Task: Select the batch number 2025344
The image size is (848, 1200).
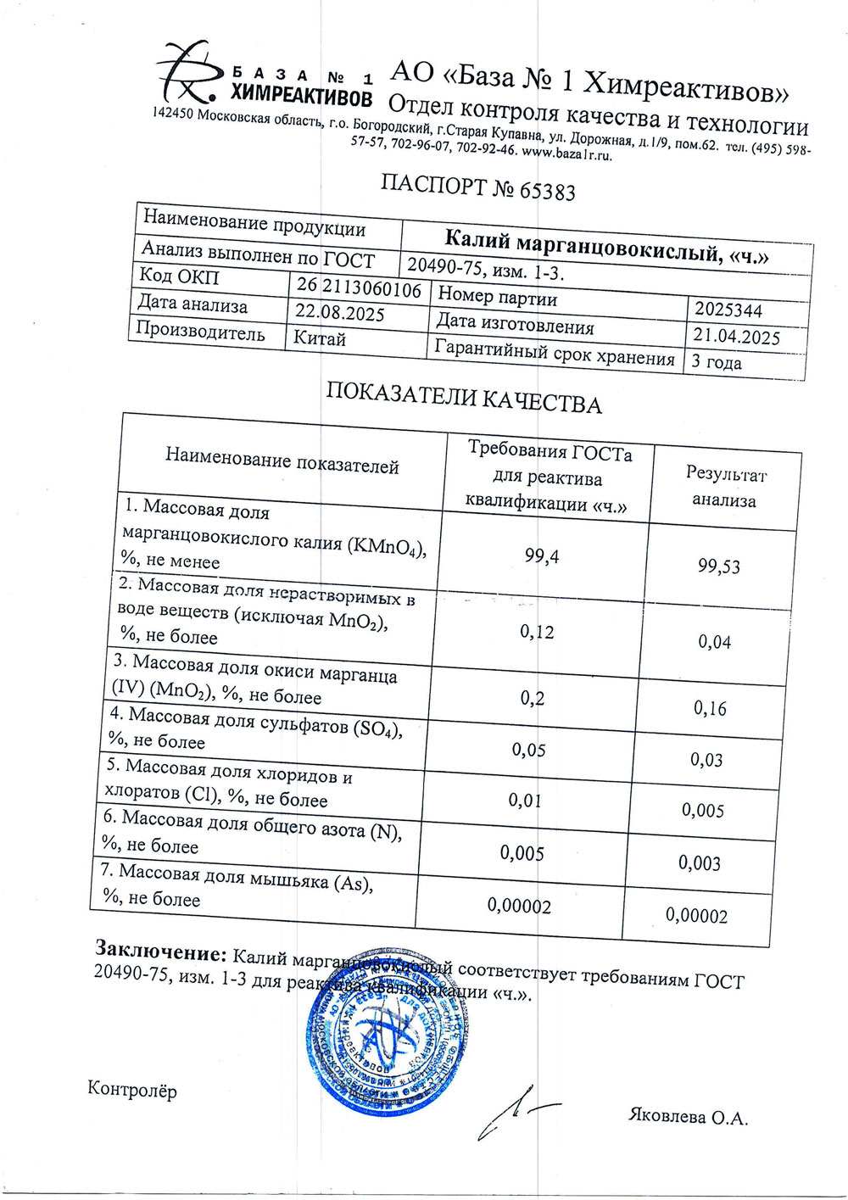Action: pyautogui.click(x=728, y=310)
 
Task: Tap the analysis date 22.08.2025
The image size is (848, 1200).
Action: pyautogui.click(x=339, y=313)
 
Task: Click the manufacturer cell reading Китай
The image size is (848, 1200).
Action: pyautogui.click(x=320, y=338)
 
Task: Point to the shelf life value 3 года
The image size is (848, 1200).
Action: pyautogui.click(x=717, y=362)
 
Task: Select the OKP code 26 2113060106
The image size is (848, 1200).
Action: pyautogui.click(x=358, y=288)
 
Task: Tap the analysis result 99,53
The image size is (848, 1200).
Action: pyautogui.click(x=719, y=567)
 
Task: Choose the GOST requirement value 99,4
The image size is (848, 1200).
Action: pyautogui.click(x=542, y=556)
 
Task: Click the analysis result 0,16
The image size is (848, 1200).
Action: pyautogui.click(x=710, y=707)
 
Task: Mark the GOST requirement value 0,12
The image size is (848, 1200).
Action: pyautogui.click(x=536, y=631)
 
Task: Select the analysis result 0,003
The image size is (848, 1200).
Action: pyautogui.click(x=700, y=862)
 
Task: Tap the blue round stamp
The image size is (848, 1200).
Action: pyautogui.click(x=386, y=1037)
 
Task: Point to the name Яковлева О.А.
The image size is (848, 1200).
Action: pyautogui.click(x=688, y=1117)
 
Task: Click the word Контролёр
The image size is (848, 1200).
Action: pyautogui.click(x=132, y=1091)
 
